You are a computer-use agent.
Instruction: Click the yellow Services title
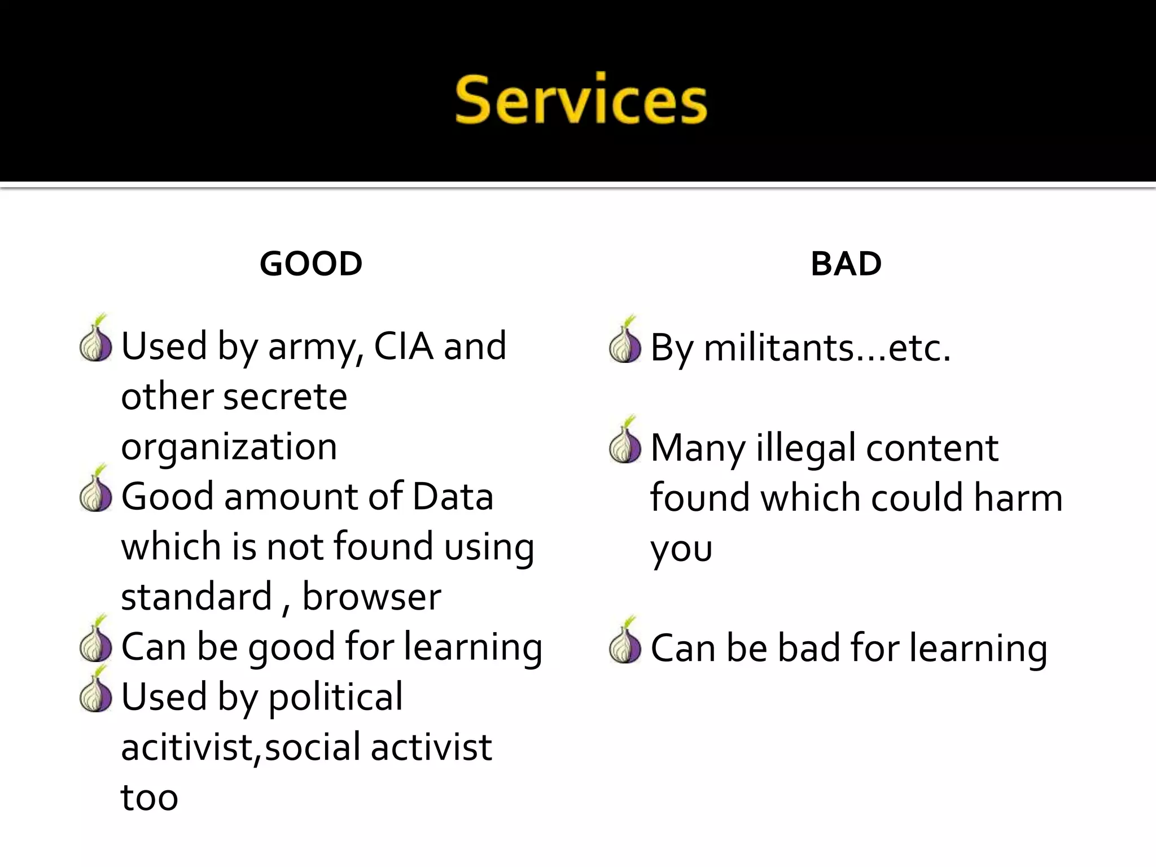(x=581, y=100)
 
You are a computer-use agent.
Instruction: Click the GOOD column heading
(x=311, y=264)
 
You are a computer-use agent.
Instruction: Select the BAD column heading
(x=846, y=264)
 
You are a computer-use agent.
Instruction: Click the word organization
(x=229, y=447)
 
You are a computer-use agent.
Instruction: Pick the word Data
(x=453, y=497)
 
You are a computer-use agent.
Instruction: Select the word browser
(x=371, y=597)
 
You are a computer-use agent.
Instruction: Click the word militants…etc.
(x=827, y=348)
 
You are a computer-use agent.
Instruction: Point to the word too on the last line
(x=150, y=798)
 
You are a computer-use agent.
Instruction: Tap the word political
(x=335, y=698)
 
